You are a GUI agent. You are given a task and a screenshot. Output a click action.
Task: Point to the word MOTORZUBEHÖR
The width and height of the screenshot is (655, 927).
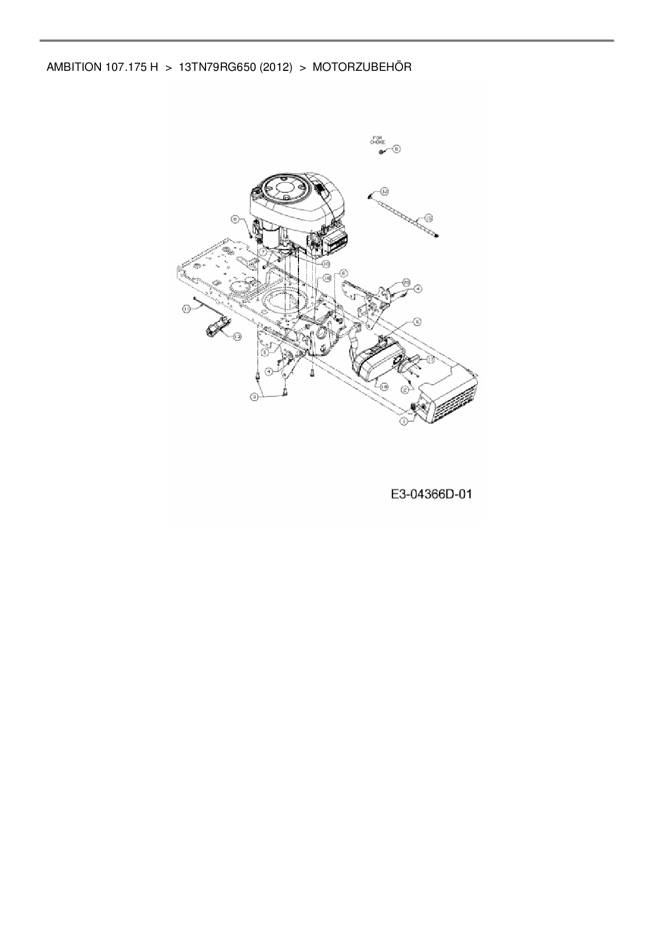pyautogui.click(x=362, y=67)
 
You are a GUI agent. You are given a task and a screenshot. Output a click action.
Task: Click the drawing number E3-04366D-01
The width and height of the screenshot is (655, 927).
pyautogui.click(x=431, y=495)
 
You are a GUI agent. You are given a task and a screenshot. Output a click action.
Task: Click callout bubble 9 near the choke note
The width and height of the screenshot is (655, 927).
pyautogui.click(x=396, y=149)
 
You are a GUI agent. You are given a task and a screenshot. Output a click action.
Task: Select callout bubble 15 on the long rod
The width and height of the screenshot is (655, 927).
pyautogui.click(x=428, y=217)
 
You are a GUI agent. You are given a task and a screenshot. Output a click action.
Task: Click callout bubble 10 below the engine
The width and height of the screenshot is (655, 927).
pyautogui.click(x=326, y=263)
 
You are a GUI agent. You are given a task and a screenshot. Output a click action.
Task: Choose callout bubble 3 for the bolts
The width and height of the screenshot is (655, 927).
pyautogui.click(x=255, y=396)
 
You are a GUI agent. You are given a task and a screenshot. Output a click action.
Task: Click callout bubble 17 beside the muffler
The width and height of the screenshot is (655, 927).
pyautogui.click(x=431, y=359)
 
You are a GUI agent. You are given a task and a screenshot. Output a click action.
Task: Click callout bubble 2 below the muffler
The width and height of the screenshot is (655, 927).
pyautogui.click(x=405, y=390)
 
